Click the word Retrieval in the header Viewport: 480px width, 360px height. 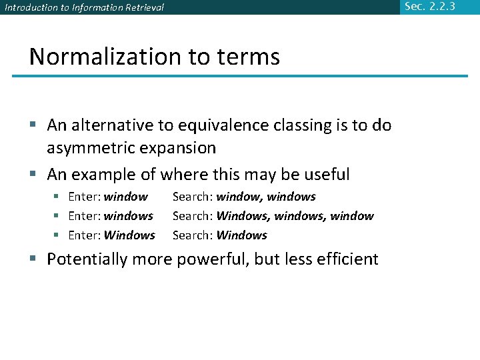[141, 7]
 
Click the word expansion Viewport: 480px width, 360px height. [183, 148]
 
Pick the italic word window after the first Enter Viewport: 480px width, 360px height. [126, 197]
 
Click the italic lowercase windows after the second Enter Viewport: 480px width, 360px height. [129, 216]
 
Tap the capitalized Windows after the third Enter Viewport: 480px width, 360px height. [129, 235]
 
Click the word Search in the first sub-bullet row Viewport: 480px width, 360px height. [191, 197]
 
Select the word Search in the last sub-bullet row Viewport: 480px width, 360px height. [191, 235]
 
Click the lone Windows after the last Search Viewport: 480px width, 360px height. [242, 235]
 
